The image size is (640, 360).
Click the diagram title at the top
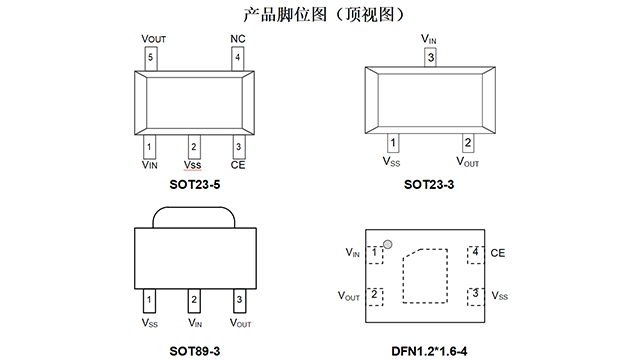[324, 15]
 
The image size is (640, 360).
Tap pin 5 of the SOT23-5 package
[151, 59]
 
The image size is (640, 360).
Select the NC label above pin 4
[238, 39]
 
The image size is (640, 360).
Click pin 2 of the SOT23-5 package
[194, 147]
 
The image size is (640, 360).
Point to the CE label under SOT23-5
[238, 165]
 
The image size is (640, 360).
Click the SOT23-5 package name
[195, 184]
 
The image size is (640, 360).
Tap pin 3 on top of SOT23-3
[431, 57]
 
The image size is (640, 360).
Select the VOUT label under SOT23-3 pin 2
[468, 162]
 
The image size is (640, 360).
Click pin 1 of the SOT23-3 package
[393, 143]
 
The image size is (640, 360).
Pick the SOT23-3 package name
[429, 184]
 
